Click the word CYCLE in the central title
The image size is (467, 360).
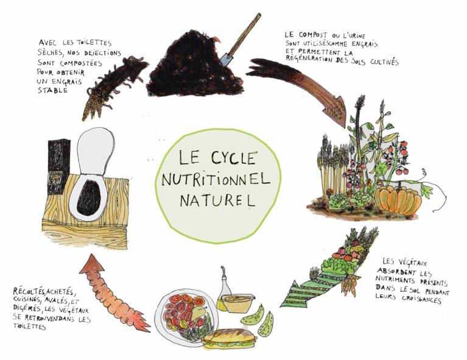coord(234,157)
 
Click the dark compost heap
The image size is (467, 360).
coord(194,66)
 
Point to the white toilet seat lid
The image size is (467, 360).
coord(96,152)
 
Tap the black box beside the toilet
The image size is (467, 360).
coord(59,166)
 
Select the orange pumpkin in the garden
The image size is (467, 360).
coord(398,200)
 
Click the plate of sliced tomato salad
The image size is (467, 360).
coord(186,317)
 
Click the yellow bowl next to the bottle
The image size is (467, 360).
coord(237,303)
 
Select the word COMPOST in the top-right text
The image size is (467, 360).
coord(313,35)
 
